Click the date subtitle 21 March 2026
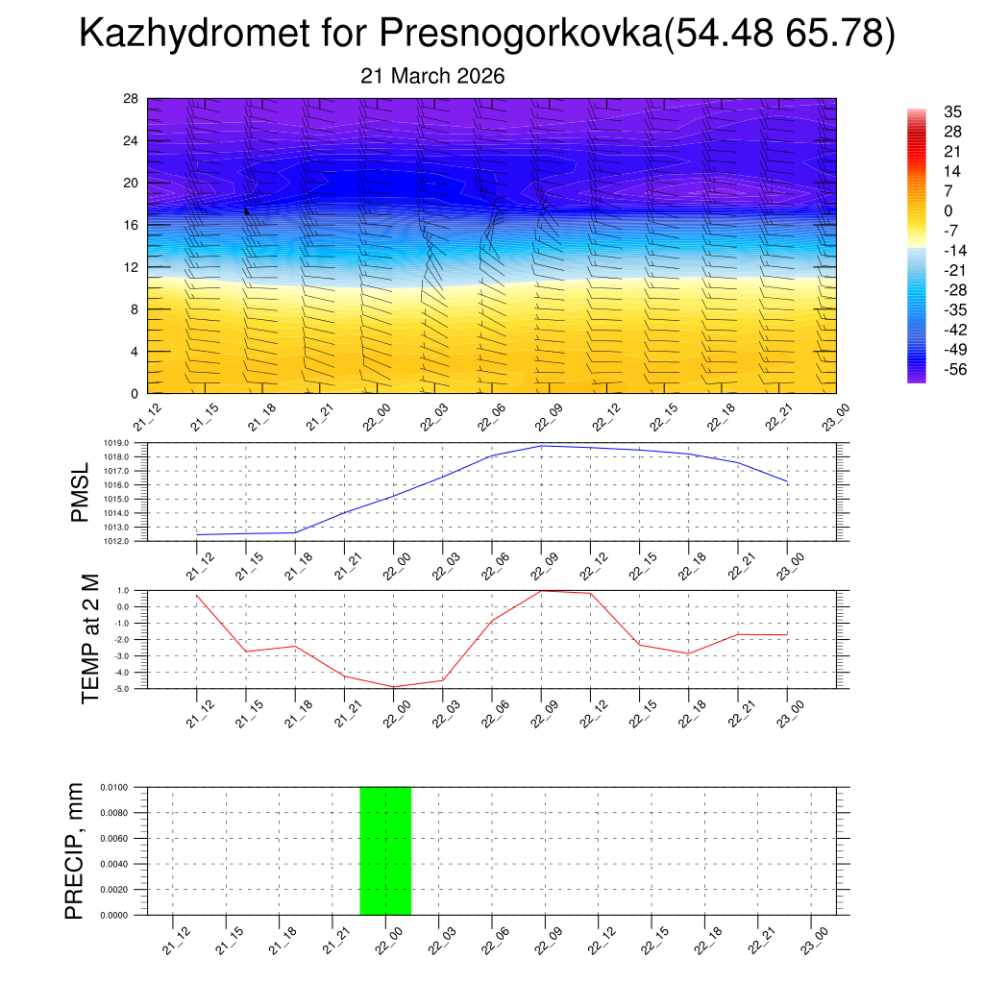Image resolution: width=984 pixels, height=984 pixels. pos(432,76)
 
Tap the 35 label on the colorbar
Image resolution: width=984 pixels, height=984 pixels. pos(926,111)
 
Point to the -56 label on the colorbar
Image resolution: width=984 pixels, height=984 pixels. pos(928,369)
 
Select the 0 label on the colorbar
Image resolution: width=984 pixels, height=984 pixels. pos(922,210)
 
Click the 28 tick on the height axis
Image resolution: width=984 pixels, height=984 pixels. pos(131,99)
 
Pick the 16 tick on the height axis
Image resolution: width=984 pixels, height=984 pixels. pos(131,225)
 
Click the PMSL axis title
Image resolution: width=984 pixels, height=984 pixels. pos(80,493)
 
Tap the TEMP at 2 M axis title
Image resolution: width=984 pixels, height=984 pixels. pos(91,639)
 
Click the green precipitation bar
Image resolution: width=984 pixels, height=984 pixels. pos(385,850)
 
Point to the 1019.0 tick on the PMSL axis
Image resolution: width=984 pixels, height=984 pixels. pos(131,443)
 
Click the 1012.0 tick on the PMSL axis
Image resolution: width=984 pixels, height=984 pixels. pos(131,542)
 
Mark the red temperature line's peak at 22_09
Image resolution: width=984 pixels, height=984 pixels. pos(541,590)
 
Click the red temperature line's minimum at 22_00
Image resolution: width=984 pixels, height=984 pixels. pos(393,687)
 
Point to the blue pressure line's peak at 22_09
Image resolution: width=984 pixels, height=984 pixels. pos(541,446)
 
